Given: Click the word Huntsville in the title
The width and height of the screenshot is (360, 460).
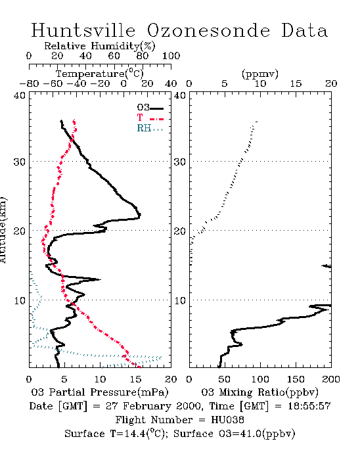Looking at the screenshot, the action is click(83, 30).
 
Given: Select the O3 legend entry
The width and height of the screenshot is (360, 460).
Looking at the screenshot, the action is click(150, 108).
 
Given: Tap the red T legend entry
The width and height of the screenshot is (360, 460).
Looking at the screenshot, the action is click(150, 118).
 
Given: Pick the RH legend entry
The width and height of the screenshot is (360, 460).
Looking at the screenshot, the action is click(150, 128).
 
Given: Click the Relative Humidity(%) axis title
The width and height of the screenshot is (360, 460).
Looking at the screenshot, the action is click(100, 46).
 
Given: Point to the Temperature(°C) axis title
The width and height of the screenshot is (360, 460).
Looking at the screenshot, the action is click(100, 74).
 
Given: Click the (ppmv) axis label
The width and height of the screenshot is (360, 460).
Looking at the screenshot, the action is click(260, 74).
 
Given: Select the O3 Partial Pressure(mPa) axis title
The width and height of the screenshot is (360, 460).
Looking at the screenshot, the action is click(100, 392).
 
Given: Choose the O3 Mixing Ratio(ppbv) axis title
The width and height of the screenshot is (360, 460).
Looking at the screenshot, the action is click(259, 392).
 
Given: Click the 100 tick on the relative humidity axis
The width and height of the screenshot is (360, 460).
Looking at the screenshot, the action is click(171, 56).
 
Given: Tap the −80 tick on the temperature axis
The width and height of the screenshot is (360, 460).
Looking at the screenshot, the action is click(29, 84).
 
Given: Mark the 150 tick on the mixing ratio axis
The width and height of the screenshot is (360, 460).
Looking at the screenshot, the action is click(296, 379).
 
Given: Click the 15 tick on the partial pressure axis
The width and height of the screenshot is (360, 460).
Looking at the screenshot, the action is click(135, 379).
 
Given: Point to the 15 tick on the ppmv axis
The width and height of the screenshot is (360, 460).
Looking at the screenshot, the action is click(296, 84).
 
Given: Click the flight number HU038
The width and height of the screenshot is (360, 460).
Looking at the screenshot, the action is click(227, 420).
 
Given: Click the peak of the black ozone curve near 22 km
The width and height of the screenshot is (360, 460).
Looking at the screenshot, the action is click(140, 215).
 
